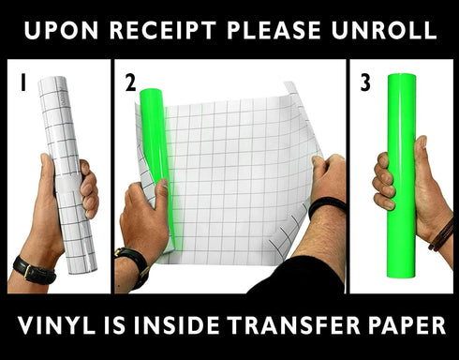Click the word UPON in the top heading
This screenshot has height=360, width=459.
point(61,30)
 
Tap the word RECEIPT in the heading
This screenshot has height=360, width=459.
point(163,30)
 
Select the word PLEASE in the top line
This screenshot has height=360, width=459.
point(274,30)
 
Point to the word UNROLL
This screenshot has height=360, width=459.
point(384,30)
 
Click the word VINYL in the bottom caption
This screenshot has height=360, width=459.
point(56,325)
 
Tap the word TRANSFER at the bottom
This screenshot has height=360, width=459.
point(293,325)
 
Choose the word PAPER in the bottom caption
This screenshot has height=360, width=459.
point(407,325)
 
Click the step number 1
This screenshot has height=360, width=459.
point(22,82)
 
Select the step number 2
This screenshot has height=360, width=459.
point(130,82)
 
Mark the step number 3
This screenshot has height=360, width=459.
point(365,82)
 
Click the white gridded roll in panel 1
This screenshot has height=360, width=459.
point(67,175)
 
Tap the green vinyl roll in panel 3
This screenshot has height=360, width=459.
point(401,175)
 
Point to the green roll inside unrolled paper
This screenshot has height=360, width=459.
point(155,157)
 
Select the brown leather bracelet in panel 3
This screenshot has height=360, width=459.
point(441,234)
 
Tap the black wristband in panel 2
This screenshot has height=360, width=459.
point(327,206)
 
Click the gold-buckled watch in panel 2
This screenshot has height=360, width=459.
point(133,265)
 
